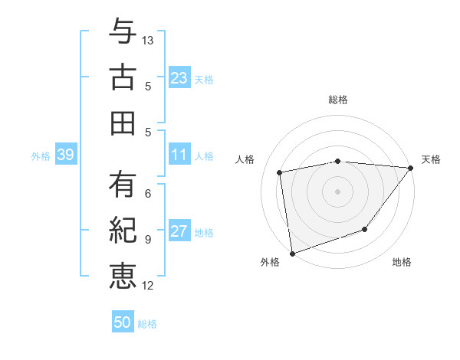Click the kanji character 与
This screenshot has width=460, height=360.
point(123,33)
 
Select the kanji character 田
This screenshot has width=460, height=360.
point(123,122)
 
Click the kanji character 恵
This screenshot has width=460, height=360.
point(123,275)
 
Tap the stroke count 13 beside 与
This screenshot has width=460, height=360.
point(149,39)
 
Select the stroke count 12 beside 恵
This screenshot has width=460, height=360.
point(149,286)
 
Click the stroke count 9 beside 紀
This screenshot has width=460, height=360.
point(147,239)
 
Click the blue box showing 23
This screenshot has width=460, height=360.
point(179,77)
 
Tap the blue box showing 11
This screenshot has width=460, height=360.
point(179,155)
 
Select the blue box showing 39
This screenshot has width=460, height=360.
point(65,155)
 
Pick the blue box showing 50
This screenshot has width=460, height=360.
point(123,322)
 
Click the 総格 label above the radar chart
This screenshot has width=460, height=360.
point(337,100)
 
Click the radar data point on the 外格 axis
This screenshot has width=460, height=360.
point(291,254)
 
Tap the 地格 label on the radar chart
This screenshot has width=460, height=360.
point(402,263)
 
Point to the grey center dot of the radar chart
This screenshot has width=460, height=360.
point(337,191)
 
